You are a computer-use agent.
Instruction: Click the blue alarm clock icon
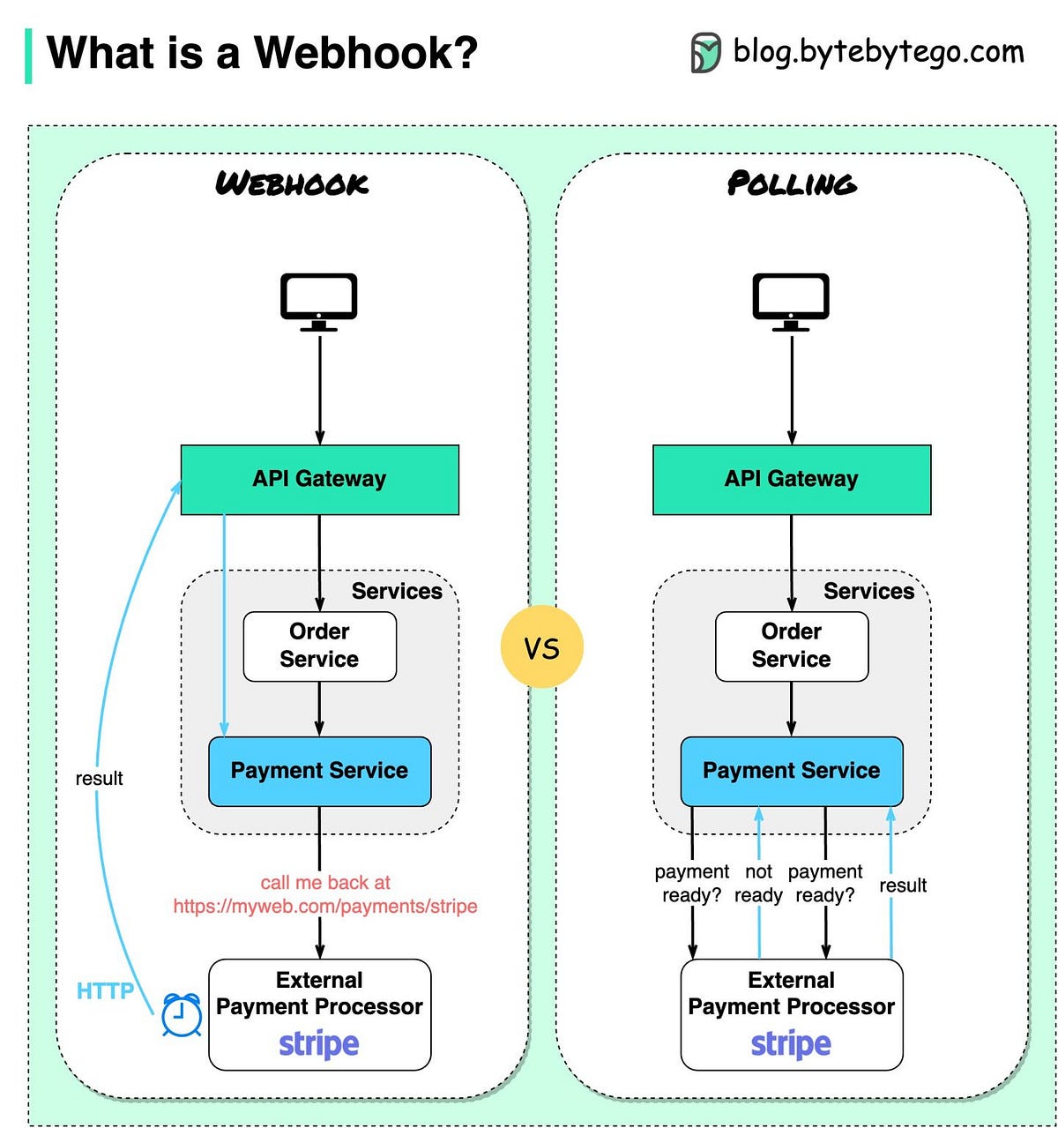[x=182, y=1015]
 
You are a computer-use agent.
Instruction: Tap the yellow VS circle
[x=541, y=647]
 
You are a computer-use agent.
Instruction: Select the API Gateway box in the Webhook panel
[x=319, y=479]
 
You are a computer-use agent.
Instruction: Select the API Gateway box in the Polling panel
[x=791, y=479]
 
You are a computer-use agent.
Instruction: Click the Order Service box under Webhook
[x=319, y=646]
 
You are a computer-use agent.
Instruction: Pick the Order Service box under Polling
[x=791, y=646]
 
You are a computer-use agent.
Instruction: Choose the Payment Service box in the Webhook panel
[x=319, y=771]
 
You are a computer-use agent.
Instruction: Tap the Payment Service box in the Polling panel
[x=791, y=771]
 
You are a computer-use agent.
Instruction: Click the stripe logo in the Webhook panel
[x=318, y=1044]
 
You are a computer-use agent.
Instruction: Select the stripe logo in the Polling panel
[x=791, y=1044]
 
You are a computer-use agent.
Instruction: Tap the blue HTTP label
[x=105, y=991]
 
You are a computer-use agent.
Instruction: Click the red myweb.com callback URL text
[x=325, y=906]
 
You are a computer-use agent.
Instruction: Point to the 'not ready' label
[x=758, y=883]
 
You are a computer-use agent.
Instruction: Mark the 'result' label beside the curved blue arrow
[x=99, y=778]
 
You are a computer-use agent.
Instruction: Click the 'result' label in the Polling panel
[x=903, y=885]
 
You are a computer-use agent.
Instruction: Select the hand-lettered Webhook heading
[x=292, y=183]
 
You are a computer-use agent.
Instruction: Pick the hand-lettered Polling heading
[x=791, y=183]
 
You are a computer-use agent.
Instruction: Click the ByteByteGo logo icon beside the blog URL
[x=705, y=53]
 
